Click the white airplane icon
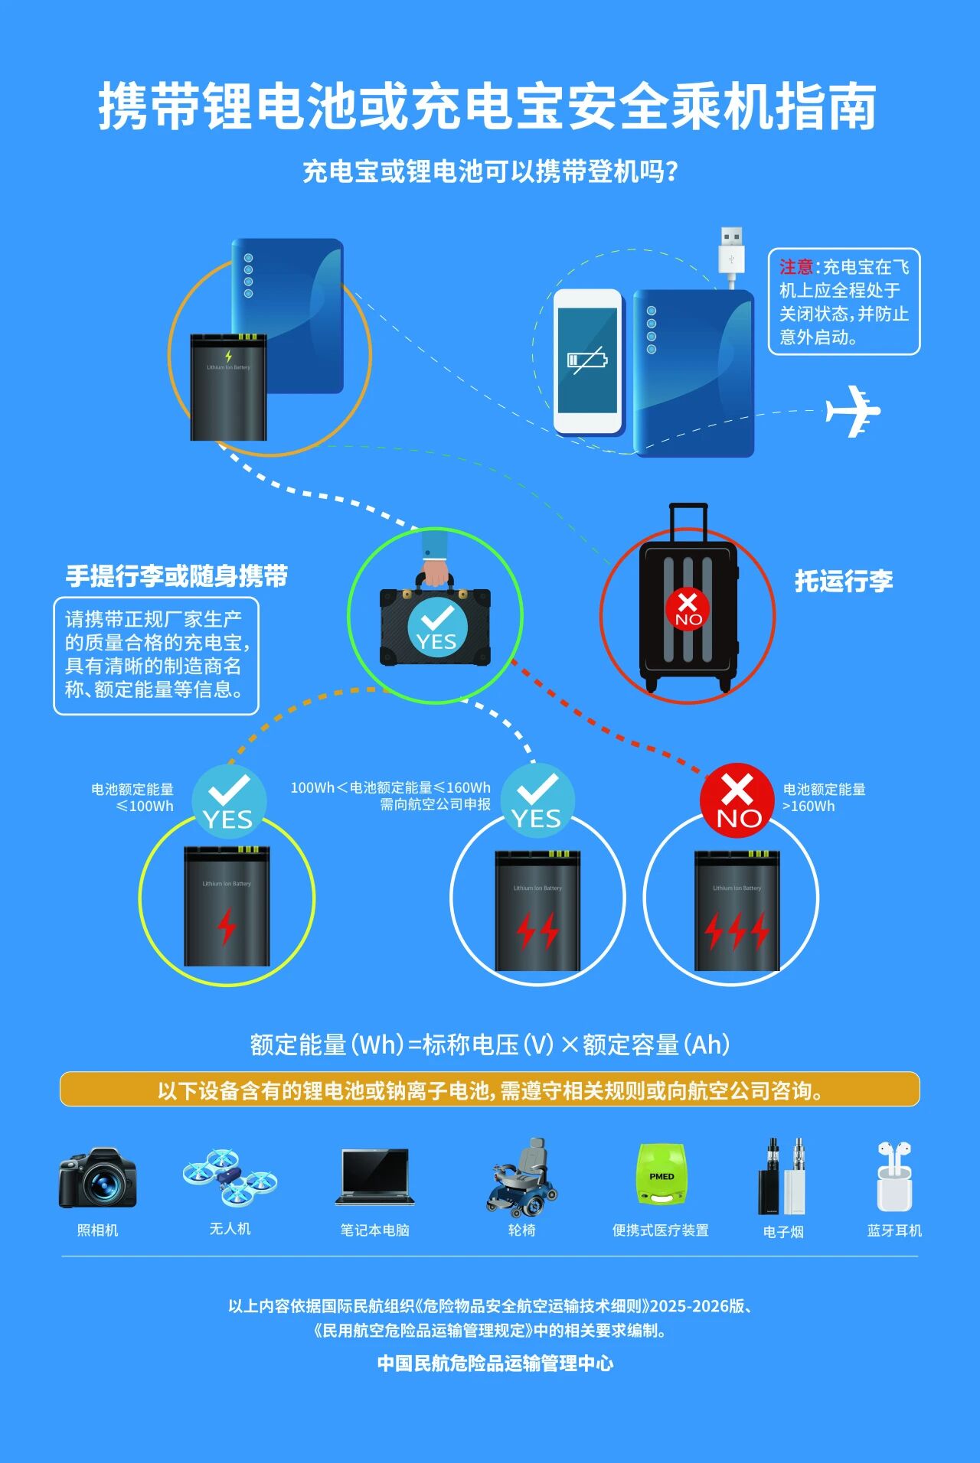[x=852, y=411]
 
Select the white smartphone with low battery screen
[x=587, y=361]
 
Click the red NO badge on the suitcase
[x=688, y=609]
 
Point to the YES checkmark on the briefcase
[x=437, y=626]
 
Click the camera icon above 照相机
[x=97, y=1178]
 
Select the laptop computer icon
[x=375, y=1177]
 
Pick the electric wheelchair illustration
[x=522, y=1178]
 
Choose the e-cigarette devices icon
[x=782, y=1177]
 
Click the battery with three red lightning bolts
[x=737, y=911]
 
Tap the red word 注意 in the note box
[x=796, y=267]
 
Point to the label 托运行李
[x=844, y=581]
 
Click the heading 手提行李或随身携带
[x=177, y=576]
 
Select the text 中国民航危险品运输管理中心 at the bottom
[x=495, y=1363]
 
